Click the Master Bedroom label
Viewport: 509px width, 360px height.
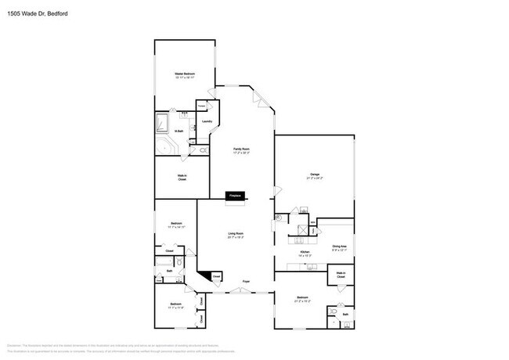[x=184, y=75]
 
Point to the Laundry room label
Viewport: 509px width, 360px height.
[x=207, y=121]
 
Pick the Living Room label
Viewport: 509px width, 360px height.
[x=236, y=235]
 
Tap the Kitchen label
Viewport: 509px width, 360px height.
[x=305, y=253]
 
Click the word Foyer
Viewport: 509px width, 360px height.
[x=245, y=281]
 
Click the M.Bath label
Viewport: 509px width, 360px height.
[x=179, y=131]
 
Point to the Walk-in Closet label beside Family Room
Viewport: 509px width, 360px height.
[x=181, y=178]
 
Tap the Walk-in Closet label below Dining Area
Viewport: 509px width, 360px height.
[x=341, y=275]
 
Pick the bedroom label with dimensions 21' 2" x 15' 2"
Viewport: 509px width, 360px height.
[x=303, y=299]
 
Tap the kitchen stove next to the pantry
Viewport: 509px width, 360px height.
[x=298, y=230]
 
